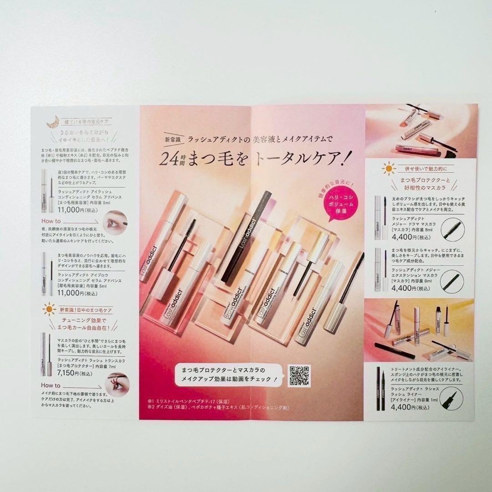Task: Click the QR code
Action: coord(299,376)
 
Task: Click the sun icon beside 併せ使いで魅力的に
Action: coord(388,169)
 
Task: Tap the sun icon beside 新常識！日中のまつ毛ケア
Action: coord(48,310)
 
